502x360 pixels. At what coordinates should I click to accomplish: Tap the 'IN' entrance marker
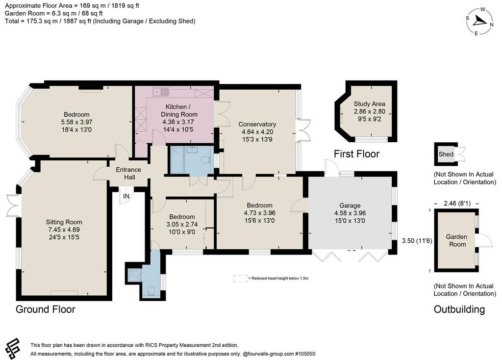[x=126, y=196]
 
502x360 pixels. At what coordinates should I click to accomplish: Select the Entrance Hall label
[x=128, y=173]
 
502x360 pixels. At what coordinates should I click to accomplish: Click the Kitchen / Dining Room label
[x=179, y=110]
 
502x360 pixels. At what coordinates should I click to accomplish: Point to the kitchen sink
[x=161, y=92]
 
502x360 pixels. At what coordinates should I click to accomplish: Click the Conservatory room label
[x=257, y=124]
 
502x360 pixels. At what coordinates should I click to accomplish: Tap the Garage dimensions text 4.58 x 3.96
[x=350, y=213]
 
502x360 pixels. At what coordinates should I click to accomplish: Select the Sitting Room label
[x=64, y=222]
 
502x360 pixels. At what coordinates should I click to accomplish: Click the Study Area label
[x=370, y=104]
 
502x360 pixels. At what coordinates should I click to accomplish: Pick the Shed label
[x=446, y=154]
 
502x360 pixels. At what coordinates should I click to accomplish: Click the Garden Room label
[x=456, y=240]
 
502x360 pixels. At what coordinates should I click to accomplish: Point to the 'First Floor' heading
[x=357, y=154]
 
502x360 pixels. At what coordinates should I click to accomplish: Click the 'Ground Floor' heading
[x=46, y=309]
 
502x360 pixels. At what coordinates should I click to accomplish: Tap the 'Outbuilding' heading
[x=459, y=309]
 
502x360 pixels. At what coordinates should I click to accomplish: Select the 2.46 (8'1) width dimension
[x=457, y=204]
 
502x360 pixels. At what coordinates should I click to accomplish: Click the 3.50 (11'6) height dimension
[x=417, y=240]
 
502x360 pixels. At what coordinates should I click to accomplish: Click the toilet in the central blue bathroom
[x=205, y=159]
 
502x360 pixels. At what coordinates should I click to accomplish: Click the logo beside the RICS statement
[x=13, y=349]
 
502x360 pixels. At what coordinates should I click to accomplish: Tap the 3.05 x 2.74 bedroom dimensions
[x=182, y=224]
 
